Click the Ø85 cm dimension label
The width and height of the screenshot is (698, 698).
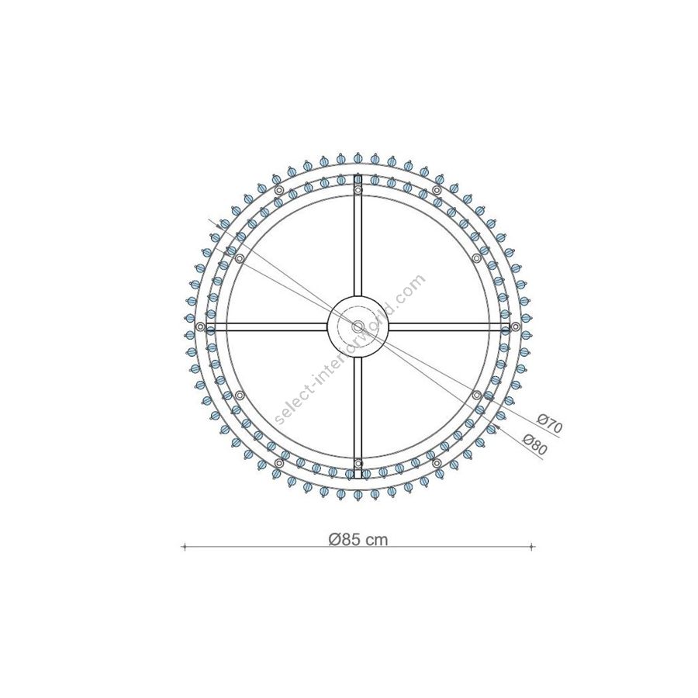pyautogui.click(x=358, y=540)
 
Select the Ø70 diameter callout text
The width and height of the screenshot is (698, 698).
pyautogui.click(x=550, y=423)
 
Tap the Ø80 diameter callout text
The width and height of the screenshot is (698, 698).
pyautogui.click(x=535, y=444)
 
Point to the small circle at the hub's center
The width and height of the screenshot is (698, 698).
pyautogui.click(x=358, y=327)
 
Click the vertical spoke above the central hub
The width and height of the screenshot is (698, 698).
pyautogui.click(x=358, y=236)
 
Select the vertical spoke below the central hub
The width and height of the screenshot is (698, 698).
pyautogui.click(x=358, y=417)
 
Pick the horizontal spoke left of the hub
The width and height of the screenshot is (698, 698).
pyautogui.click(x=267, y=327)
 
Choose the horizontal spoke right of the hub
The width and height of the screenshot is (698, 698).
pyautogui.click(x=449, y=327)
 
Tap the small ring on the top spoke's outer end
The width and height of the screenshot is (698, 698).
pyautogui.click(x=358, y=191)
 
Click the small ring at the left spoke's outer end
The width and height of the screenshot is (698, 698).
pyautogui.click(x=200, y=327)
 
